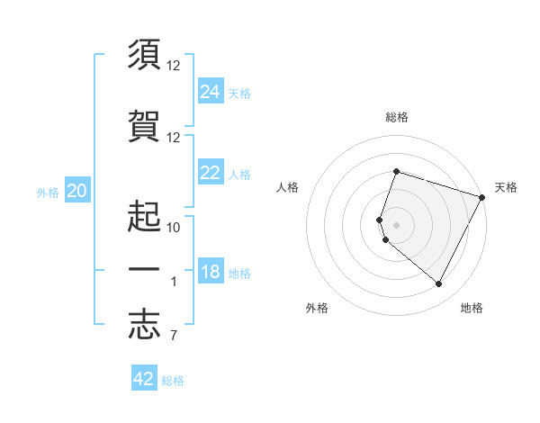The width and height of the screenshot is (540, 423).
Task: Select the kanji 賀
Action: tap(144, 126)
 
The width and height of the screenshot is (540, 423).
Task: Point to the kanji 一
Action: tap(144, 272)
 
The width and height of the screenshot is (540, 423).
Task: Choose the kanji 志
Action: tap(144, 326)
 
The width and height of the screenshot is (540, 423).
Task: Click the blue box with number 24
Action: tap(211, 91)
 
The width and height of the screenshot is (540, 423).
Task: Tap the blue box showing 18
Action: tap(211, 272)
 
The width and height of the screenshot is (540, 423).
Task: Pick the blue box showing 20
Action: tap(77, 191)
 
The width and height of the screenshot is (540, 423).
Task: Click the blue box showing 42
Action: tap(144, 379)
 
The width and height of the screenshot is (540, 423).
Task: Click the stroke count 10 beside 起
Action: tap(174, 227)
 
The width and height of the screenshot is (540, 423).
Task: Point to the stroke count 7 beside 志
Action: tap(173, 337)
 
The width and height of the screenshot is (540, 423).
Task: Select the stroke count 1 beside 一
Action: tap(174, 282)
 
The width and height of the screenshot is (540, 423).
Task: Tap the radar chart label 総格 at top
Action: tap(397, 117)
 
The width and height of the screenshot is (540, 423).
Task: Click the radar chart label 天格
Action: tap(506, 187)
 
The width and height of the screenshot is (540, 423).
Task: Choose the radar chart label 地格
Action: tap(472, 308)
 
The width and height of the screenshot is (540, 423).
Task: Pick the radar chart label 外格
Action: tap(317, 308)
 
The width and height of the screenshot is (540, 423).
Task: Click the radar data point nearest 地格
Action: tap(438, 284)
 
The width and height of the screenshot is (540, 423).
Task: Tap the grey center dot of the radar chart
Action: tap(397, 224)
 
